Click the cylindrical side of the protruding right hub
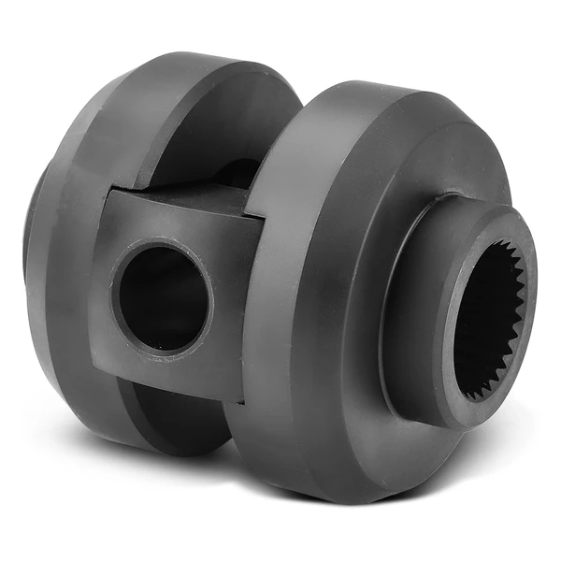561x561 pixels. click(411, 309)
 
